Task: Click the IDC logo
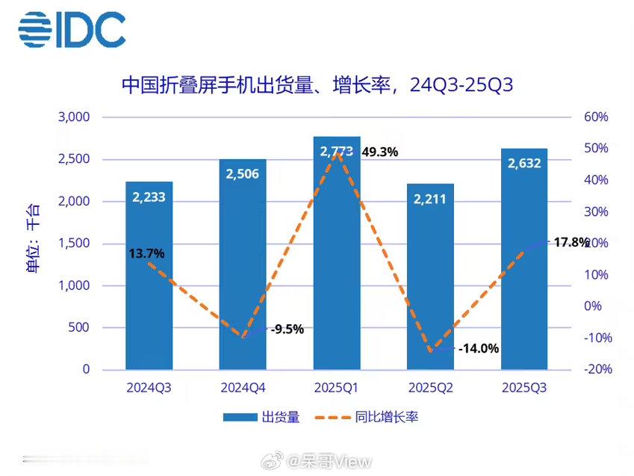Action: coord(72,30)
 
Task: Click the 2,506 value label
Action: coord(243,174)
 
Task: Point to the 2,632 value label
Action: coord(524,164)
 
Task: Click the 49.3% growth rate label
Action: coord(379,152)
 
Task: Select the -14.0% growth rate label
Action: coord(479,348)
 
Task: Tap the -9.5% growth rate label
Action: coord(287,329)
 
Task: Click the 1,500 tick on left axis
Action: coord(73,244)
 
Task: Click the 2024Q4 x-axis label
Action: coord(243,389)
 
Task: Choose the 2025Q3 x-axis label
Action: coord(524,389)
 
